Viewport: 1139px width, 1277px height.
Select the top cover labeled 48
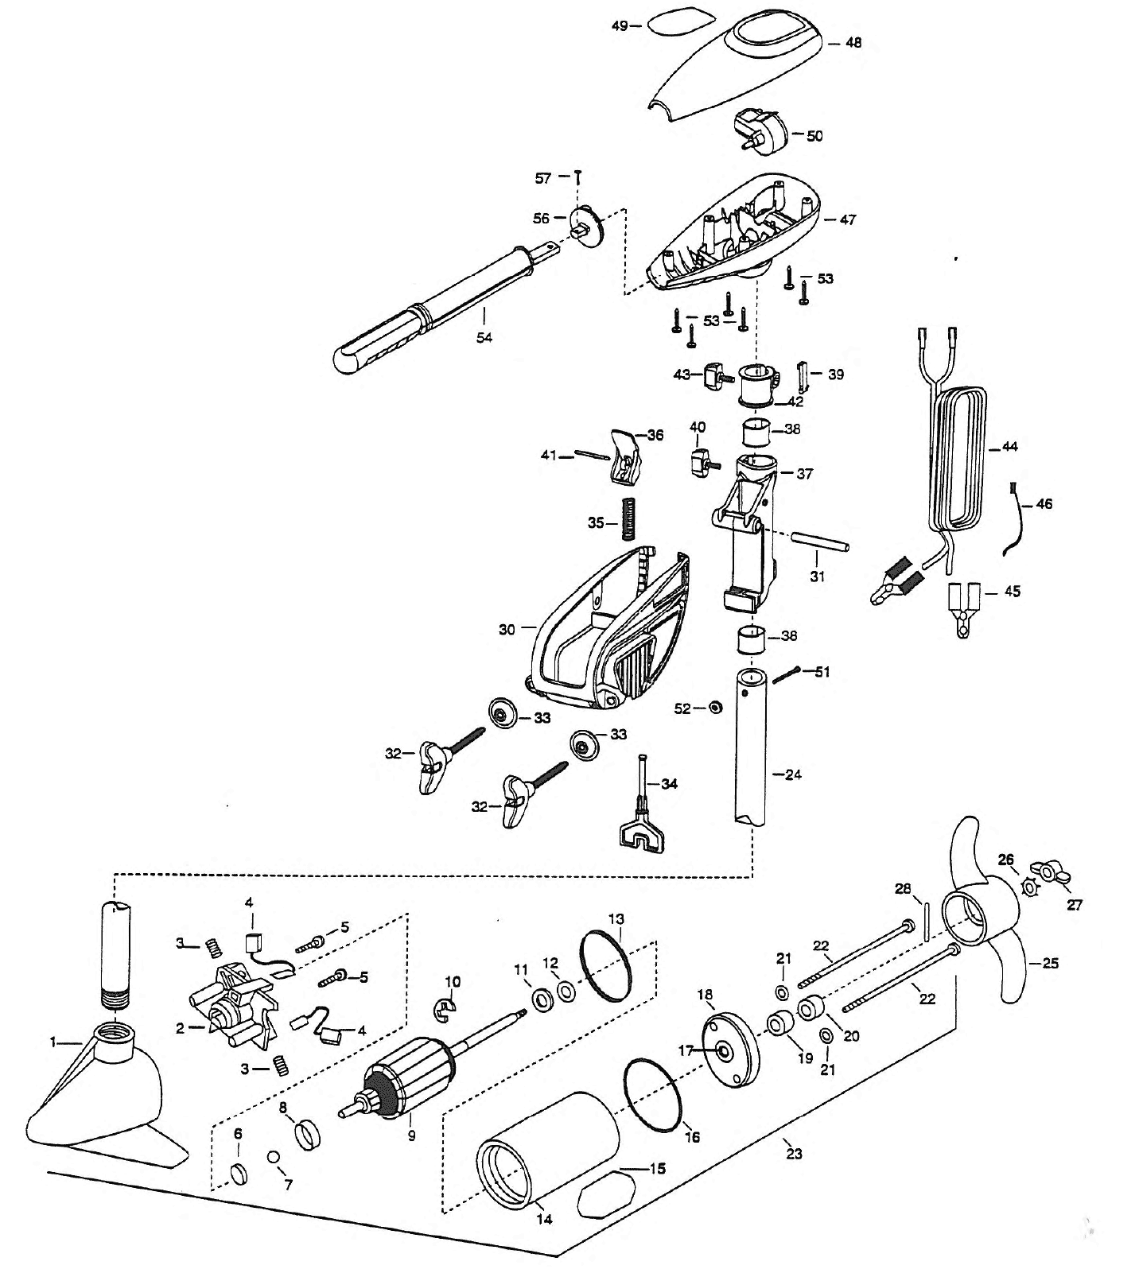[x=740, y=68]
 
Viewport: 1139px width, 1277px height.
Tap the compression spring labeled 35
[x=630, y=518]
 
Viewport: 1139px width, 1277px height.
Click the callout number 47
[x=847, y=219]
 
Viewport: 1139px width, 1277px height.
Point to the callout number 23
[x=794, y=1154]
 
